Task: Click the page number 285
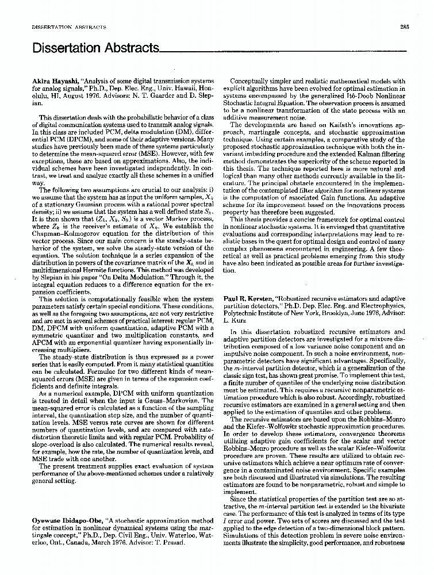(404, 27)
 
